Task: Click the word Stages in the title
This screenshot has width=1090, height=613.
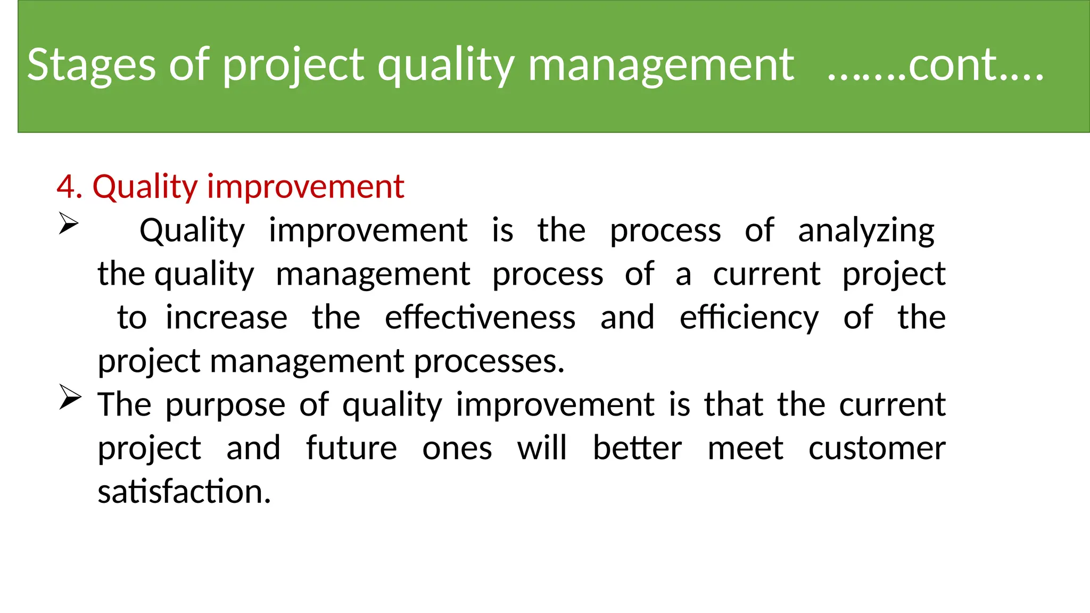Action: pyautogui.click(x=91, y=65)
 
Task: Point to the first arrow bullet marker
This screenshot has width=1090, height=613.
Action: pyautogui.click(x=69, y=223)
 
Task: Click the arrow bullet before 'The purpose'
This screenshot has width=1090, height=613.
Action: pyautogui.click(x=70, y=397)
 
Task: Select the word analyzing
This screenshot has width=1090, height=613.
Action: pyautogui.click(x=866, y=231)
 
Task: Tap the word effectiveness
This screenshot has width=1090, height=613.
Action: pyautogui.click(x=480, y=318)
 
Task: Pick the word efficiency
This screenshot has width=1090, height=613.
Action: pyautogui.click(x=749, y=318)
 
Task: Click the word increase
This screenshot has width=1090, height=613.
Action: pyautogui.click(x=226, y=318)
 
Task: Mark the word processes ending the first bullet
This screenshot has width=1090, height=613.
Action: pyautogui.click(x=489, y=362)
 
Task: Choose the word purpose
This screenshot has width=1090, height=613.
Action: pyautogui.click(x=225, y=405)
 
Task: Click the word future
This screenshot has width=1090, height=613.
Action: pyautogui.click(x=351, y=448)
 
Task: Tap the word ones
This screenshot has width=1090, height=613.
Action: pyautogui.click(x=457, y=449)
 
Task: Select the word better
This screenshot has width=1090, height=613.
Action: pyautogui.click(x=637, y=448)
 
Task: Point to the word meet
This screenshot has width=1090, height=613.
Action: pyautogui.click(x=745, y=448)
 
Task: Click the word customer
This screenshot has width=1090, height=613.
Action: pyautogui.click(x=877, y=448)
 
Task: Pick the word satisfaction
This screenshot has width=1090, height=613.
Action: pyautogui.click(x=184, y=492)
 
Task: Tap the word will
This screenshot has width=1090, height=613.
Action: pyautogui.click(x=542, y=448)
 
